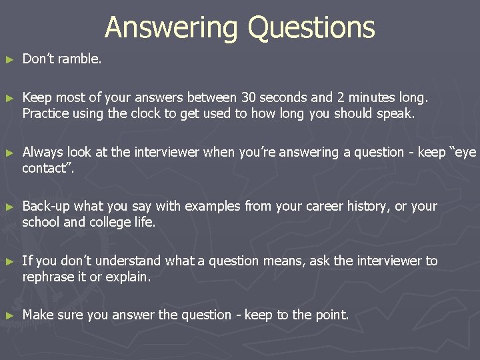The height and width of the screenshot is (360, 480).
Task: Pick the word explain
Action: click(x=131, y=276)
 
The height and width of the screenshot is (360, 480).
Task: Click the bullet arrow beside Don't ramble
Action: click(x=9, y=59)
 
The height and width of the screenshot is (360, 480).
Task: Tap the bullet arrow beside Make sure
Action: click(x=9, y=315)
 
